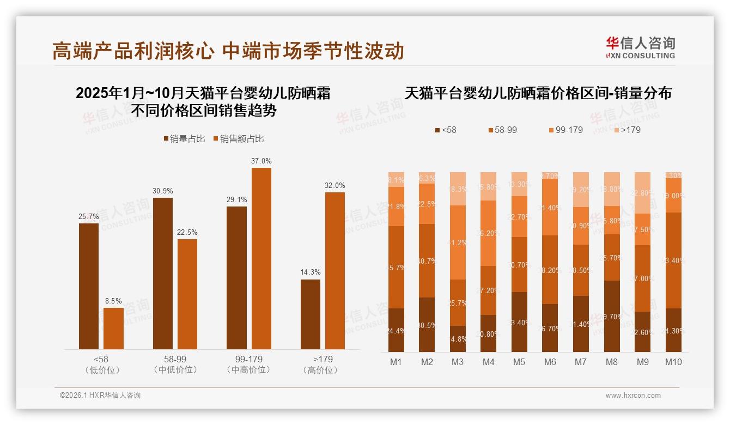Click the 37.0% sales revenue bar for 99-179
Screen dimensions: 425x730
coord(261,258)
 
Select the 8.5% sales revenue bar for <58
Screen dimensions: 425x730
coord(113,329)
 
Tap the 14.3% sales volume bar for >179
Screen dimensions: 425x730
coord(311,314)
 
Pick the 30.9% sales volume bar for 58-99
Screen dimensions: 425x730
coord(163,274)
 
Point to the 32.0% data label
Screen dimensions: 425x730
coord(334,185)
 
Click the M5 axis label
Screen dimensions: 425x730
coord(519,362)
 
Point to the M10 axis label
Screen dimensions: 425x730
coord(673,362)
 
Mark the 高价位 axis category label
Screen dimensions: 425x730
coord(323,370)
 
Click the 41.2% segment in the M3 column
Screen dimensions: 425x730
coord(458,242)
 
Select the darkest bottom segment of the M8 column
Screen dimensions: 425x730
coord(612,316)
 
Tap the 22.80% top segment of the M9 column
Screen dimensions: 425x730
coord(643,193)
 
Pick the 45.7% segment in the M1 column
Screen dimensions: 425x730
coord(396,267)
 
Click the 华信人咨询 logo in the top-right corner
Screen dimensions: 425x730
coord(640,47)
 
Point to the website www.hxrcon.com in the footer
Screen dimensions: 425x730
coord(633,396)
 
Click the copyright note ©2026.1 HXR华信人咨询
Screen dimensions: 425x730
coord(100,396)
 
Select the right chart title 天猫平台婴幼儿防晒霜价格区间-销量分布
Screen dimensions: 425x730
coord(538,93)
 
